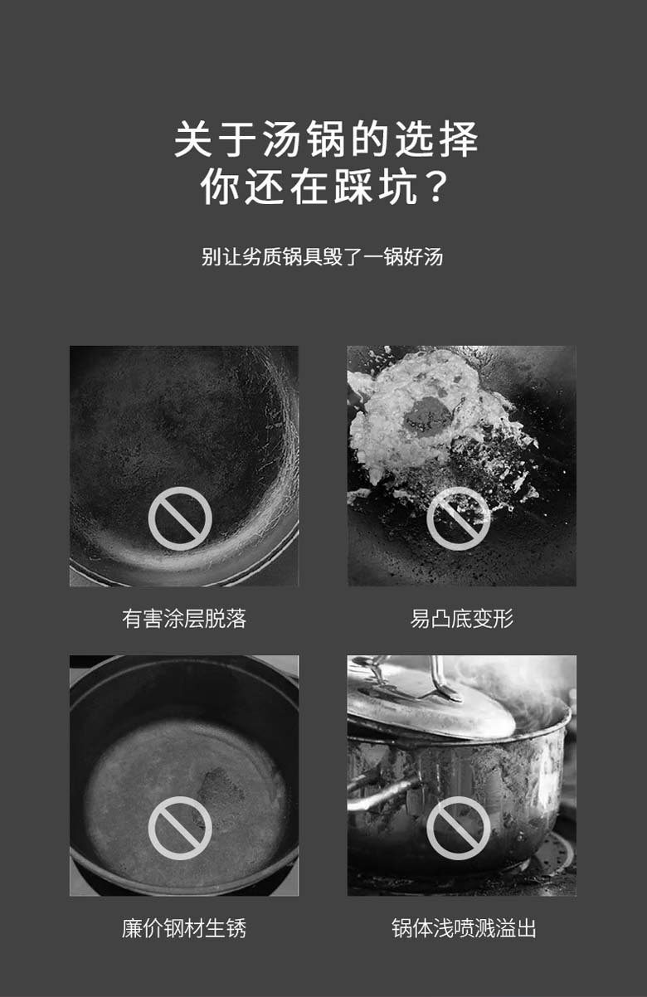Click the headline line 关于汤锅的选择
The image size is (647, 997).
pos(326,139)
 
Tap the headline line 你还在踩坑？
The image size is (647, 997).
pos(324,187)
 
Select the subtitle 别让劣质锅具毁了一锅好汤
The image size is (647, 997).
pos(322,257)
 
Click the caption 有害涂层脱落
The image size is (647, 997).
pos(184,619)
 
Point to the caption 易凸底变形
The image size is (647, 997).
pos(462,619)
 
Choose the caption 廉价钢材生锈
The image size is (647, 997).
pos(184,928)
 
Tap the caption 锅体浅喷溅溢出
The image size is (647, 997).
pos(465,928)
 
